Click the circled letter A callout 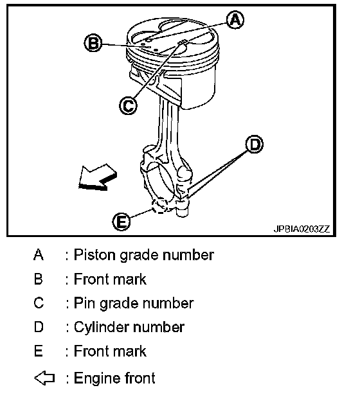point(235,20)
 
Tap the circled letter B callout point(93,42)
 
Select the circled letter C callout point(128,105)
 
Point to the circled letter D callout point(255,144)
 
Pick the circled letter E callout point(122,222)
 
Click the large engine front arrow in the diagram point(97,177)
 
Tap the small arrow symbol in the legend point(44,378)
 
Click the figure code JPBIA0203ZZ point(301,229)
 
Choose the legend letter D point(39,327)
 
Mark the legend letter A point(39,254)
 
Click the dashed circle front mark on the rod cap point(159,206)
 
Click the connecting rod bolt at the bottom point(182,208)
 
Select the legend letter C point(39,303)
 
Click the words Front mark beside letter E point(110,351)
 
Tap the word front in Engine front point(140,378)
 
